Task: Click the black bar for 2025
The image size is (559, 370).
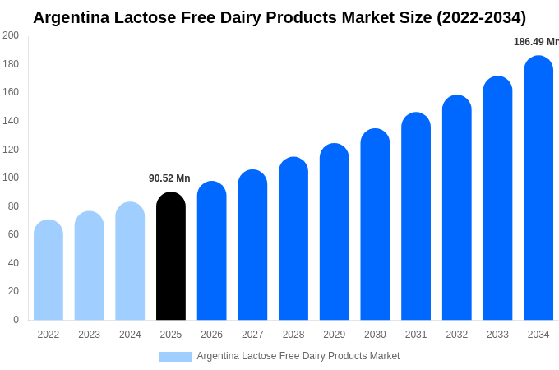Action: pos(171,257)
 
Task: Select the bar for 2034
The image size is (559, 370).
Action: pos(538,188)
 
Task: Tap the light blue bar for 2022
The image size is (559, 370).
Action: pos(49,271)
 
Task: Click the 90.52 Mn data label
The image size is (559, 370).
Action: pos(169,178)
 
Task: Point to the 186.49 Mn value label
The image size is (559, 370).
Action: pos(535,42)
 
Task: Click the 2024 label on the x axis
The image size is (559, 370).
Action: pos(130,335)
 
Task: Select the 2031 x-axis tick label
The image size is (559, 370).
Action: pos(416,335)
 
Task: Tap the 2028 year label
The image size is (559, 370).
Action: pos(293,335)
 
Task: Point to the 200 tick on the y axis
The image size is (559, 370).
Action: pos(11,35)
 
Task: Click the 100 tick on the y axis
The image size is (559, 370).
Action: pos(11,178)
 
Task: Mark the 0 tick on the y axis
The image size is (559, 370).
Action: pos(16,320)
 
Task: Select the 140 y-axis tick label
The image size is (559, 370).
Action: pos(11,121)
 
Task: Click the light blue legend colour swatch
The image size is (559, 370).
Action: pos(175,357)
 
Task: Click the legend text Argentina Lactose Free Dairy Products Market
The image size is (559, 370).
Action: pos(298,356)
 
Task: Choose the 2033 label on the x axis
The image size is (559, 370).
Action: pos(497,335)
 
